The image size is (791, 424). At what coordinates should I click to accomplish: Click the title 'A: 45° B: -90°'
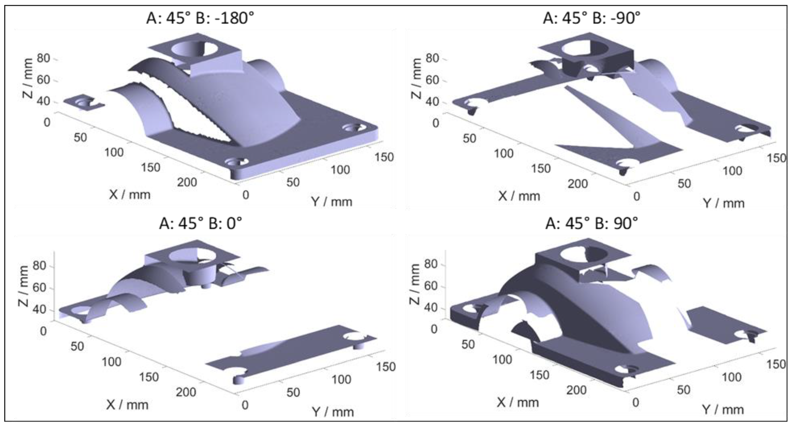[x=591, y=18]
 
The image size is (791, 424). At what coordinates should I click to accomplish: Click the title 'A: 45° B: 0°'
[x=200, y=223]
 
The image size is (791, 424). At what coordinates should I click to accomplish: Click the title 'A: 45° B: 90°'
[x=591, y=223]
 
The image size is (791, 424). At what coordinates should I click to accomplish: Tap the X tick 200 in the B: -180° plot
[x=187, y=182]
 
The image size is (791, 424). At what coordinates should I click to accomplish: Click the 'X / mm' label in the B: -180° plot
[x=129, y=194]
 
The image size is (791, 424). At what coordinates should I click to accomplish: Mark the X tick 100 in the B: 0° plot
[x=111, y=362]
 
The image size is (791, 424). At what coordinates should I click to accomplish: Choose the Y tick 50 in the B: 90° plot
[x=683, y=390]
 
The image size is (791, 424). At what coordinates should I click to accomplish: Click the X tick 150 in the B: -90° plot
[x=541, y=168]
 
